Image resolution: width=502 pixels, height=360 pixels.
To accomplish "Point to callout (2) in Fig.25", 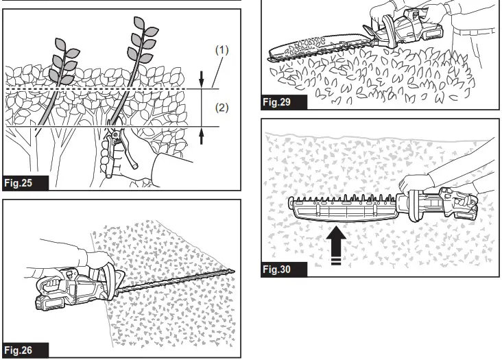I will pos(222,108).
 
